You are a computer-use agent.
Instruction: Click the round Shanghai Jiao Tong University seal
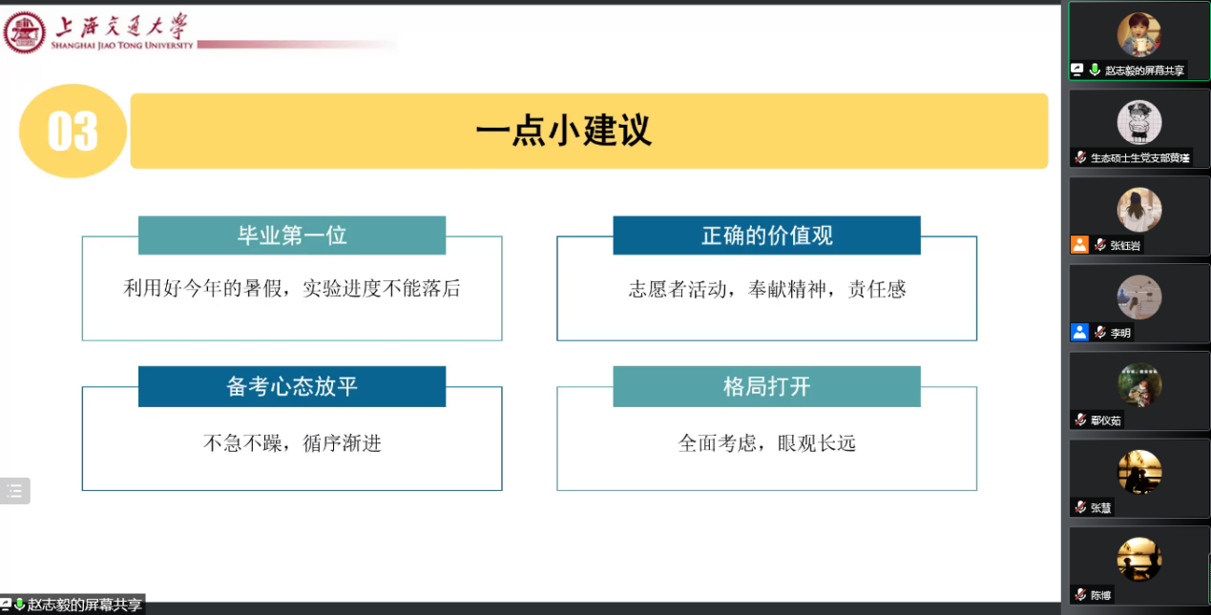tap(24, 32)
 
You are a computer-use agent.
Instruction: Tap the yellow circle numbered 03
tap(73, 132)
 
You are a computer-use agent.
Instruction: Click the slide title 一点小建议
tap(564, 131)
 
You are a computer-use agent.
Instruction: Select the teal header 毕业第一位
tap(292, 236)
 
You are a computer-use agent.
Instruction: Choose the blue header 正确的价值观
tap(766, 236)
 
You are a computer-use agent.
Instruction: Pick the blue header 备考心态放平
tap(292, 386)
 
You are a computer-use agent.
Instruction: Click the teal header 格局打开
tap(766, 386)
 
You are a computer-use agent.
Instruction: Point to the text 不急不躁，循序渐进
tap(292, 443)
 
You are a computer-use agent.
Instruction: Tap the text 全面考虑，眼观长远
tap(766, 443)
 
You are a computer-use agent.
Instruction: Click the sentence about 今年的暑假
tap(292, 288)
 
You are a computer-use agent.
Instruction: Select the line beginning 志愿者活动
tap(766, 290)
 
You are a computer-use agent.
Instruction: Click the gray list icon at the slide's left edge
tap(14, 491)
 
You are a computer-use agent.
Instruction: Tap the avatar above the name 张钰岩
tap(1139, 210)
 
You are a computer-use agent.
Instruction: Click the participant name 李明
tap(1120, 333)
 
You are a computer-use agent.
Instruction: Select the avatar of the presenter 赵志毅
tap(1139, 34)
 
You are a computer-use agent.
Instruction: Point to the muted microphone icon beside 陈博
tap(1080, 594)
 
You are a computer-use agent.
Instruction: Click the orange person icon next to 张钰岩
tap(1079, 245)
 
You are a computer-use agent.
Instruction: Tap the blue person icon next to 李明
tap(1079, 332)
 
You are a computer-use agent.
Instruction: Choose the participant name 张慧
tap(1100, 508)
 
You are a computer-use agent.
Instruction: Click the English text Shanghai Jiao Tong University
tap(121, 46)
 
